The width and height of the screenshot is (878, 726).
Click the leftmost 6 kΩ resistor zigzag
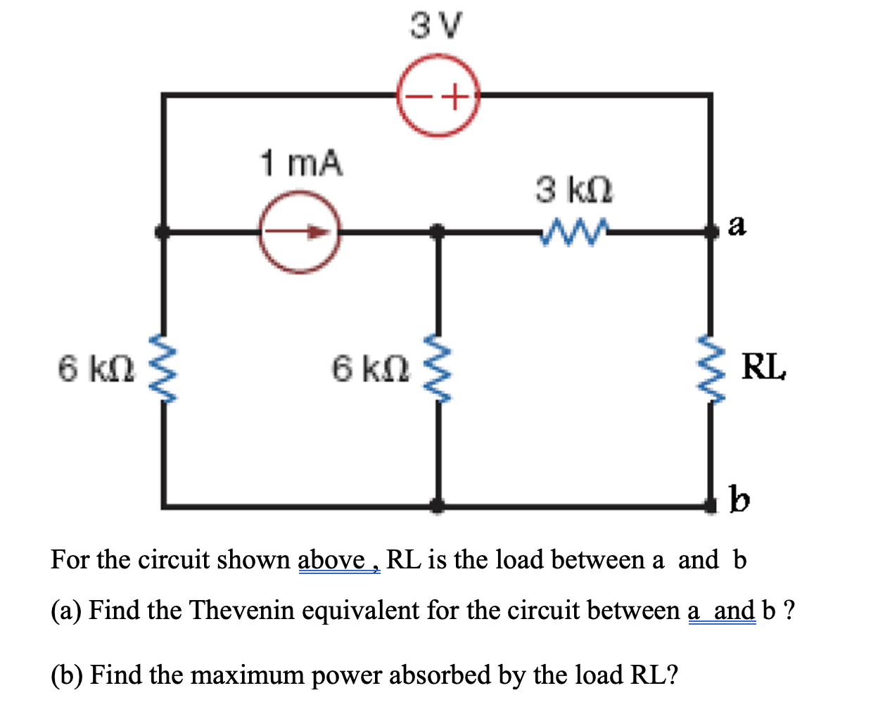[163, 368]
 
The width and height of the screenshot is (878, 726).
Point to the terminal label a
[737, 225]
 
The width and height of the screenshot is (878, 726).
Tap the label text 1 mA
[302, 163]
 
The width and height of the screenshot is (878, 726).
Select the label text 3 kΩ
[574, 190]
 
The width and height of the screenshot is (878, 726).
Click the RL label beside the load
[764, 367]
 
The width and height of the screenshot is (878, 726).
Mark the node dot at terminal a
[711, 231]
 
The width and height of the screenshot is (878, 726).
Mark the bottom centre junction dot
[437, 504]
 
